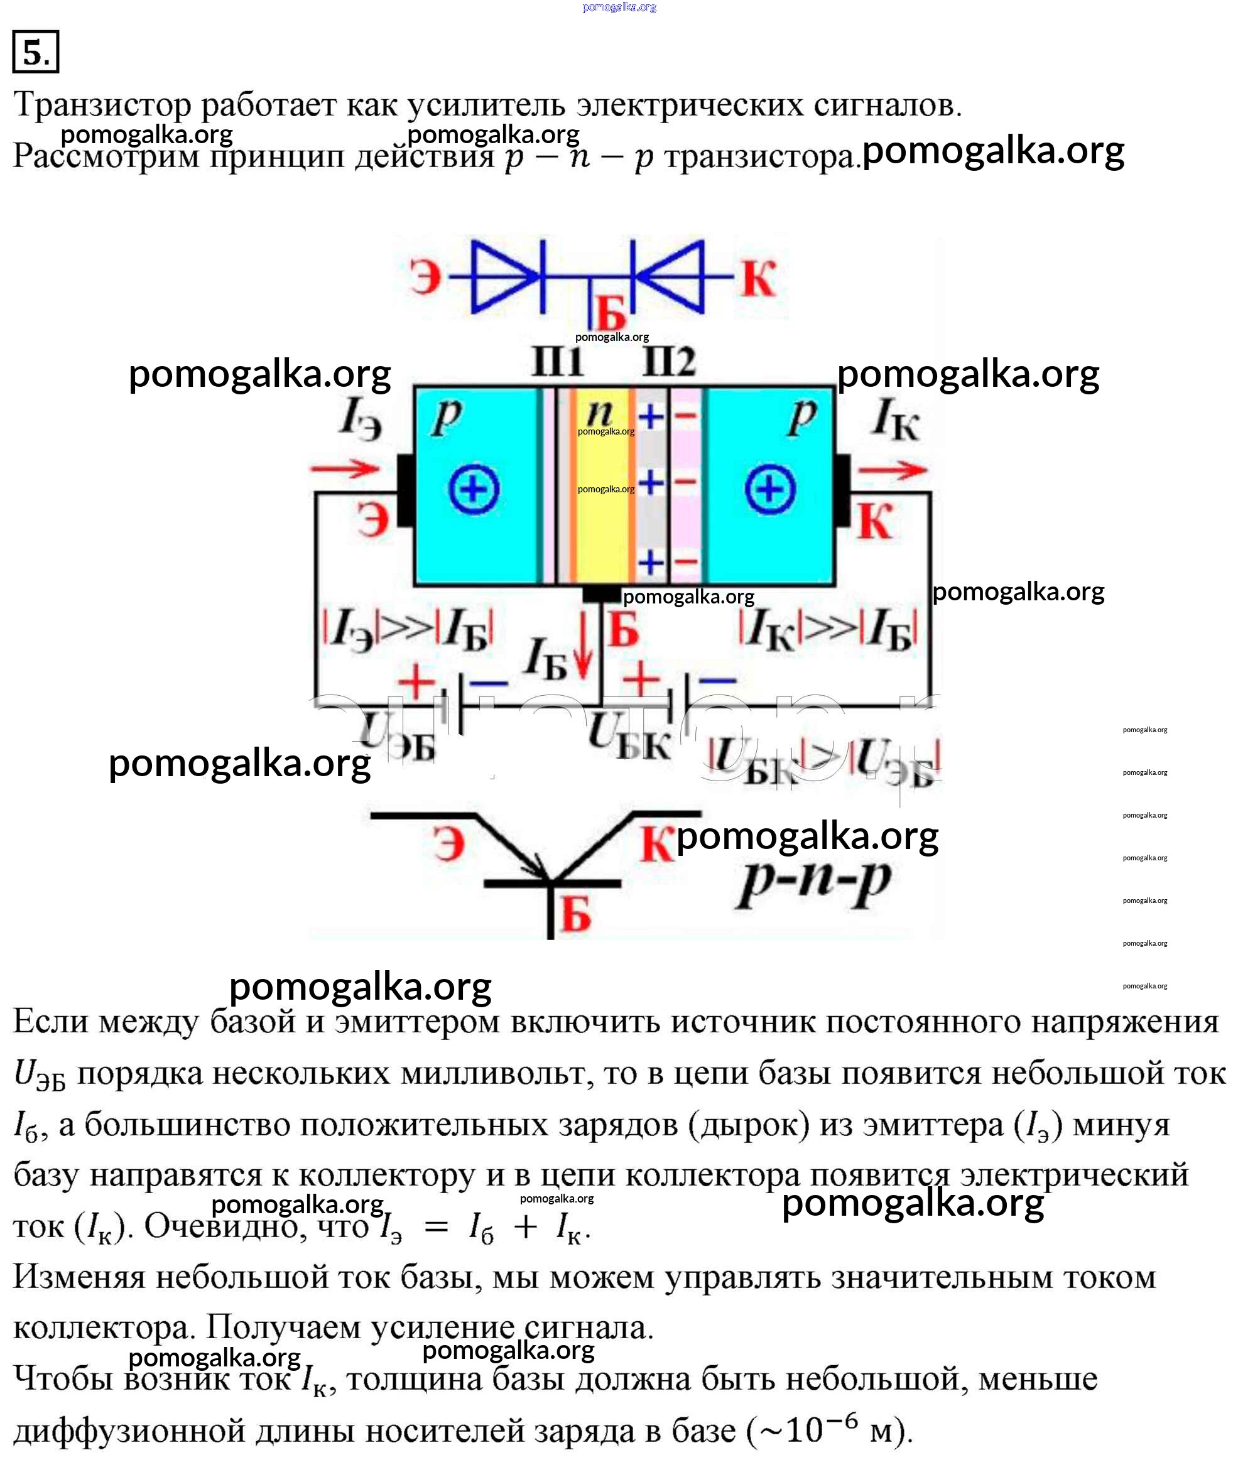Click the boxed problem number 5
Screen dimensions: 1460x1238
tap(35, 51)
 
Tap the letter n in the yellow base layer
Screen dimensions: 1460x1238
tap(599, 412)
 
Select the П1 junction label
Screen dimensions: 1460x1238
tap(558, 362)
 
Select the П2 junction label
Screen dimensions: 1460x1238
tap(669, 362)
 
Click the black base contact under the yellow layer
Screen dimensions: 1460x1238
tap(602, 594)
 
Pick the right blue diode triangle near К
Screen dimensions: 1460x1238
tap(670, 276)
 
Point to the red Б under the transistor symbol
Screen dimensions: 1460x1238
tap(576, 914)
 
